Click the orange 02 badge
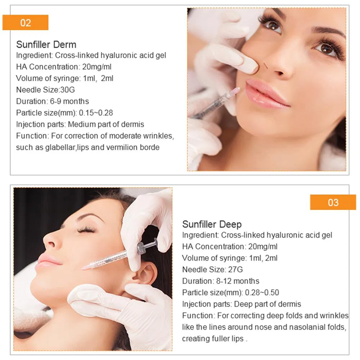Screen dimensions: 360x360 (x=25, y=23)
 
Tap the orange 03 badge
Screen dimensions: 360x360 (x=333, y=202)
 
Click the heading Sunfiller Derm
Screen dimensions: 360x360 (x=46, y=45)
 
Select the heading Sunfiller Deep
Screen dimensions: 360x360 (x=212, y=224)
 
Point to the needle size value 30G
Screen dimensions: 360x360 (x=67, y=90)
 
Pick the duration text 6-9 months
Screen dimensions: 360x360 (x=69, y=101)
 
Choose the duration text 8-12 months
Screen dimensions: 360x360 (x=238, y=281)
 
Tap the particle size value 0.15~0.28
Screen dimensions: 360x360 (x=96, y=113)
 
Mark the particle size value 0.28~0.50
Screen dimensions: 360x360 (x=262, y=292)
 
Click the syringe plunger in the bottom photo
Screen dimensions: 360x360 (x=147, y=246)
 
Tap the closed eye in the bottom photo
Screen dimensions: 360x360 (x=86, y=229)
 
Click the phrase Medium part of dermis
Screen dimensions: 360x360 (x=106, y=124)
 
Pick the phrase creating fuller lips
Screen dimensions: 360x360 (x=213, y=339)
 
